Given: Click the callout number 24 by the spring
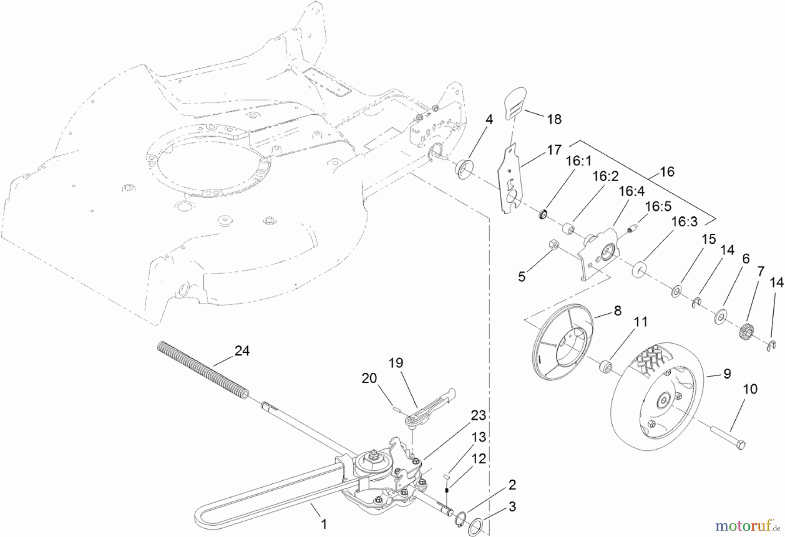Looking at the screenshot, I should pyautogui.click(x=242, y=351).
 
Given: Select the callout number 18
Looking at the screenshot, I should pyautogui.click(x=554, y=119).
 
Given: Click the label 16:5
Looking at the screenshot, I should pyautogui.click(x=658, y=206).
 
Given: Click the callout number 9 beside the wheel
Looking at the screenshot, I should pyautogui.click(x=727, y=374).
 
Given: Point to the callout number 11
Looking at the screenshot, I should pyautogui.click(x=641, y=322).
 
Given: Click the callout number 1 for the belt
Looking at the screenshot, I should pyautogui.click(x=324, y=523).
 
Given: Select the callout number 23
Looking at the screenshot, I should pyautogui.click(x=478, y=415).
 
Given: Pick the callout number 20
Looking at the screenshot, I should pyautogui.click(x=369, y=378).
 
